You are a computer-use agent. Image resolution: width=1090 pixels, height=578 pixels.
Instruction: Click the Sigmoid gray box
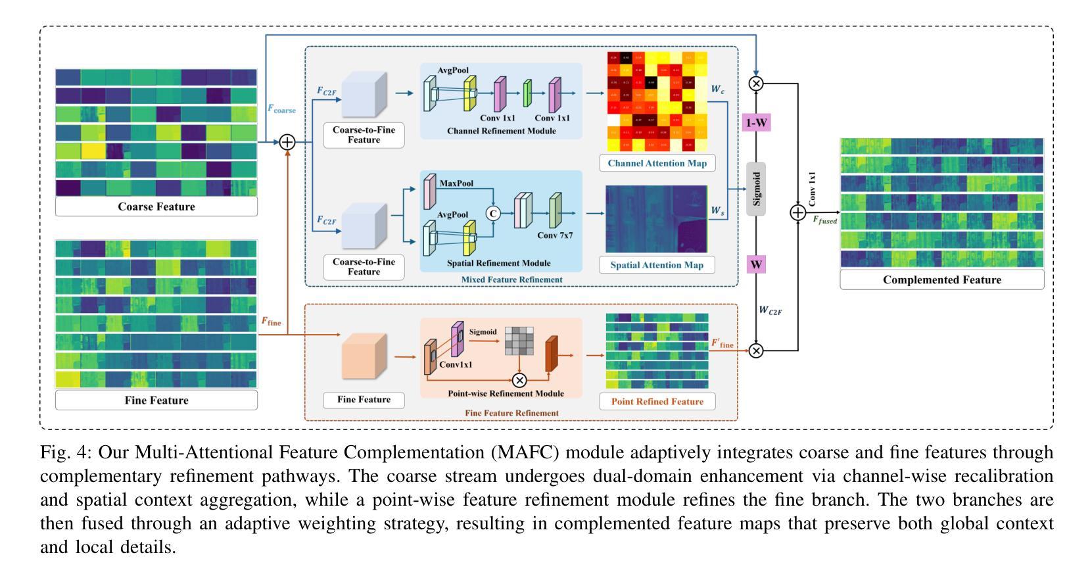pos(757,188)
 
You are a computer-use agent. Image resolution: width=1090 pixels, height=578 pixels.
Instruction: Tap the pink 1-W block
pos(756,123)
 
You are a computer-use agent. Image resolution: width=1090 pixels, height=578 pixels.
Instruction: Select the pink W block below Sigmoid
pos(756,264)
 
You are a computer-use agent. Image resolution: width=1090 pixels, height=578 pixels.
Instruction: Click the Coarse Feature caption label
pos(156,206)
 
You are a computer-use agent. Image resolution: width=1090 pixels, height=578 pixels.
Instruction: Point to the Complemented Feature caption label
pos(941,279)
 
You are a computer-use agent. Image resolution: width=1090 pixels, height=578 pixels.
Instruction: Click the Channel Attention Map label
pos(657,163)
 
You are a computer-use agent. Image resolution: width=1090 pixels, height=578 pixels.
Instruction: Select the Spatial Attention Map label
pos(657,265)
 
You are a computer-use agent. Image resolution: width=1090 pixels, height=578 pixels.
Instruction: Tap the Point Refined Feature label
pos(657,401)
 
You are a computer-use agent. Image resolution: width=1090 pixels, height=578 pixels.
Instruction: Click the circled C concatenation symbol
pos(492,213)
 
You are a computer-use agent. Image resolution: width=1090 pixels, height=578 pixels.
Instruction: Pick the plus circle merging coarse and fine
pos(287,141)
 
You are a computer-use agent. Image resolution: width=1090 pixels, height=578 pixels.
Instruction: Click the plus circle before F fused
pos(797,212)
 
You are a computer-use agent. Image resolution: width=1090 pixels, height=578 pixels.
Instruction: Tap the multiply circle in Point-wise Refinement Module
pos(519,380)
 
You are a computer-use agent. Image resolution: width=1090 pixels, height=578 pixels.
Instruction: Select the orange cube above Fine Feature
pos(364,356)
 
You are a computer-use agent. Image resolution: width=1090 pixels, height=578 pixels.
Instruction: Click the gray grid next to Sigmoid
pos(519,341)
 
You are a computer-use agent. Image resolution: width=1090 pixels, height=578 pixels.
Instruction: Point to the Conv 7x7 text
pos(555,235)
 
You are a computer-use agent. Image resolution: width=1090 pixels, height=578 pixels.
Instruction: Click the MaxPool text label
pos(457,183)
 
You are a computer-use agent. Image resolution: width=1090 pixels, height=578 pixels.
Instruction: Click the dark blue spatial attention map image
pos(656,219)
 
